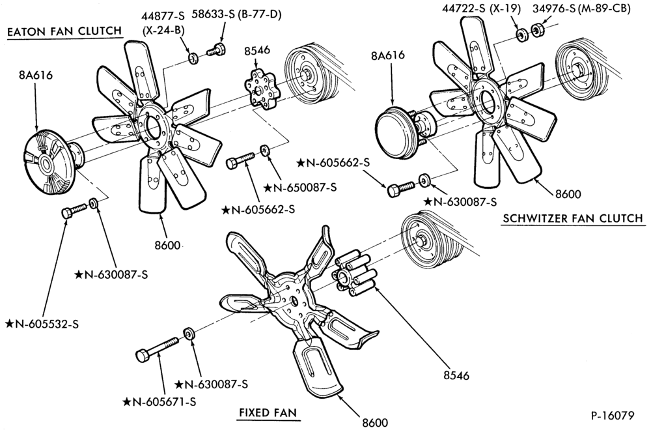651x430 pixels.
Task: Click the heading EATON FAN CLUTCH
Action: [x=64, y=31]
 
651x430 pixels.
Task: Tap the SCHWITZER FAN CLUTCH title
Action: [x=573, y=218]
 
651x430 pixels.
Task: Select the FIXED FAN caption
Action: [x=268, y=412]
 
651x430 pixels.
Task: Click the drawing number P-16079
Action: [x=613, y=416]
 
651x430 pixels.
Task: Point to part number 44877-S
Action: [x=163, y=16]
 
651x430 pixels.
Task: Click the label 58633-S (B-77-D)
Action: [x=236, y=14]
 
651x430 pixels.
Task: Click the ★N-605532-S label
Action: [x=42, y=324]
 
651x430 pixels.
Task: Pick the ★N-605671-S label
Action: [x=159, y=402]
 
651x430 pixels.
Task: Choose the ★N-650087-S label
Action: [x=299, y=188]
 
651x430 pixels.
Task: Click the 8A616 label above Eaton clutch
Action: [x=36, y=76]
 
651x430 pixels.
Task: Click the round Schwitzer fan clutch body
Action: [x=395, y=133]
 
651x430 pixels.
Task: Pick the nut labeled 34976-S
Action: [x=538, y=30]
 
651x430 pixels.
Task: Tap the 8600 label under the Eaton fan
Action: [x=168, y=245]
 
